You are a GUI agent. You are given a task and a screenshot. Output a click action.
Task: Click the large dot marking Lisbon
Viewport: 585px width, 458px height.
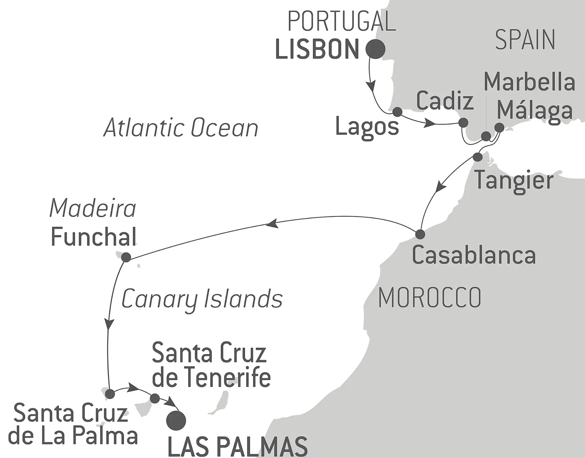pyautogui.click(x=375, y=49)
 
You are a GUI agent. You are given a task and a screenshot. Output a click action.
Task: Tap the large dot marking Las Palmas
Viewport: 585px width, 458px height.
pyautogui.click(x=176, y=421)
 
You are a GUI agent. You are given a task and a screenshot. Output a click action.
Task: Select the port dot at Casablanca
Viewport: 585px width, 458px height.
pyautogui.click(x=420, y=234)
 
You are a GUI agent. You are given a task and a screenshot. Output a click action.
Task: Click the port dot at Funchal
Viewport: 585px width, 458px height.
pyautogui.click(x=126, y=257)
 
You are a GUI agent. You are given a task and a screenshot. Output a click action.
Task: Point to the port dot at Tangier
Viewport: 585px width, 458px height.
pyautogui.click(x=477, y=157)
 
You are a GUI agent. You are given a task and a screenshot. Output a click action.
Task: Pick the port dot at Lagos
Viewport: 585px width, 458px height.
pyautogui.click(x=397, y=112)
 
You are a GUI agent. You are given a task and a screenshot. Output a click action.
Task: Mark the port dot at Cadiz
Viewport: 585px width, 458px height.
pyautogui.click(x=463, y=123)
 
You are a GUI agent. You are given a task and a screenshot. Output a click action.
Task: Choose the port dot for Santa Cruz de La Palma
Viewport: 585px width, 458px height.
pyautogui.click(x=110, y=394)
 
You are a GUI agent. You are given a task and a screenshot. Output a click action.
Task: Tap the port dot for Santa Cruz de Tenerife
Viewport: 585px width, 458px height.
pyautogui.click(x=155, y=398)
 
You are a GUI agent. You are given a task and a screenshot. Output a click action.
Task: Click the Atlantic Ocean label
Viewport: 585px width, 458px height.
pyautogui.click(x=181, y=128)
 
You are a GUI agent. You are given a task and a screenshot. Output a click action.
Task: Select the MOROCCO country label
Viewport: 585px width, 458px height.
pyautogui.click(x=430, y=298)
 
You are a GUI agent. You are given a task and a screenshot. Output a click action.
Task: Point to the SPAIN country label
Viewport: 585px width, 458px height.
pyautogui.click(x=525, y=40)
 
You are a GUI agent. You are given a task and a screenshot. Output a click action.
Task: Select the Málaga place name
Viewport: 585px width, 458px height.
pyautogui.click(x=535, y=111)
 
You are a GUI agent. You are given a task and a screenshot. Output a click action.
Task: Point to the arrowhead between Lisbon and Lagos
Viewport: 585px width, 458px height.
pyautogui.click(x=371, y=86)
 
